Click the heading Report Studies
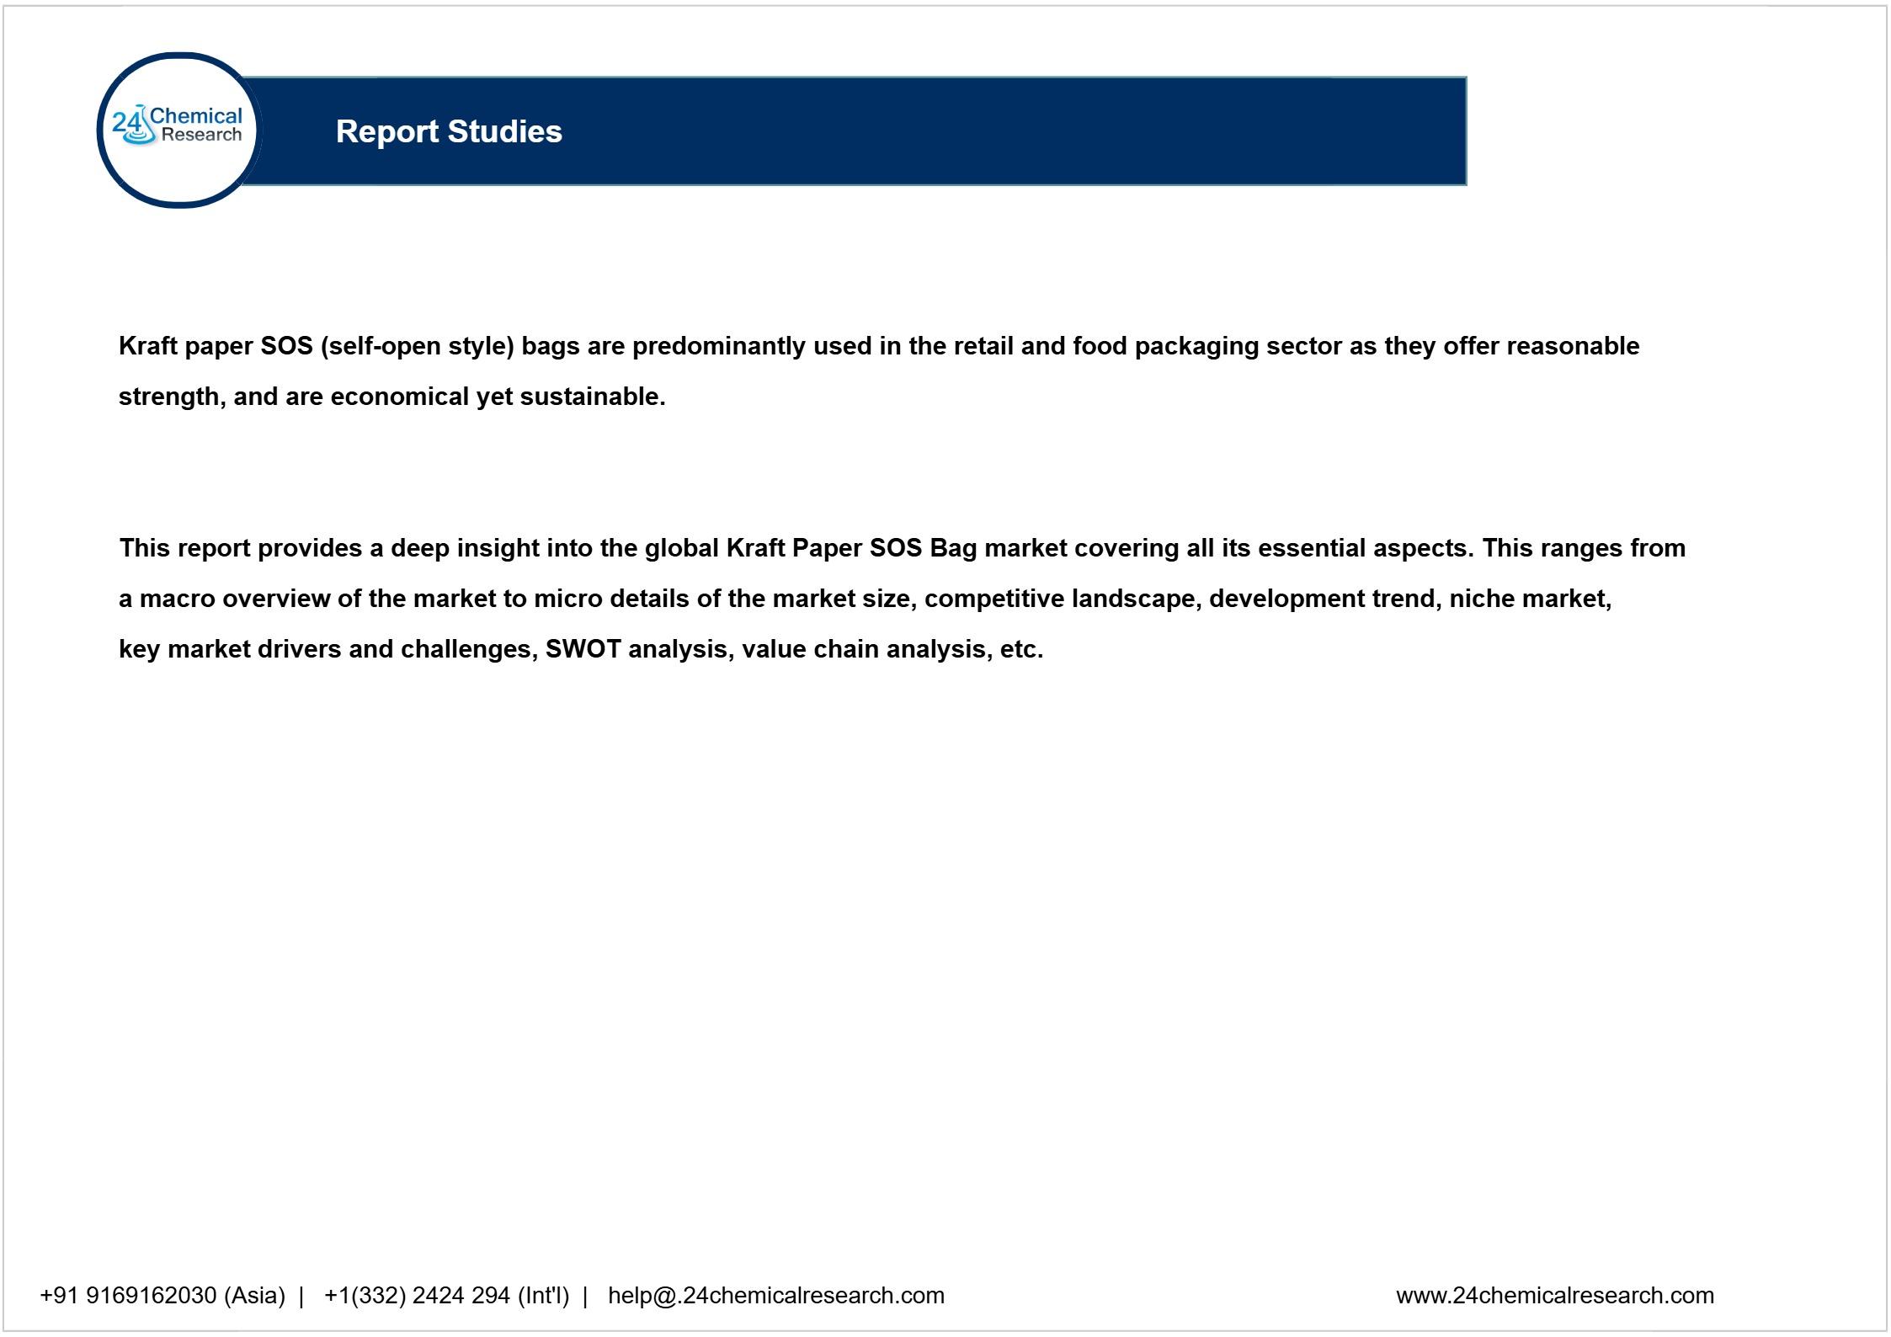[449, 131]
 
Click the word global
[680, 548]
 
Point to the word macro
[177, 599]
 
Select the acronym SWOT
[583, 649]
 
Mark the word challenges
[469, 649]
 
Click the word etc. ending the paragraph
[1021, 649]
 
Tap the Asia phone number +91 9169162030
[128, 1295]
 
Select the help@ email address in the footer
[775, 1295]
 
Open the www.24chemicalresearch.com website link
[1554, 1295]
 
